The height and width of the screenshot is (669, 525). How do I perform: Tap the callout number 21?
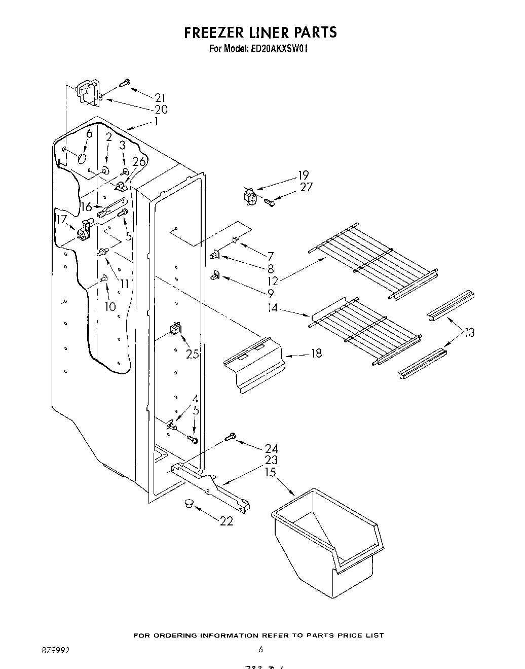161,98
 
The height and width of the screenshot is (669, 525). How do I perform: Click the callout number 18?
316,353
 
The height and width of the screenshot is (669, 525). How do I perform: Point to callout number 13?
469,333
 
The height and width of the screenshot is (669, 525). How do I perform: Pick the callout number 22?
226,521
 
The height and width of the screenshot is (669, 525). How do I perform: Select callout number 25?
192,354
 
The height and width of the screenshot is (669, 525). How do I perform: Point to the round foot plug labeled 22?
190,503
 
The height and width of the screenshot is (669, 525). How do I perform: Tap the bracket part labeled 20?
89,94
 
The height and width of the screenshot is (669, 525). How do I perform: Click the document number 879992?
56,649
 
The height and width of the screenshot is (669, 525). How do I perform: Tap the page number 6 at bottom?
260,649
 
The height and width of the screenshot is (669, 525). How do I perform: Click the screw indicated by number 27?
270,203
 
